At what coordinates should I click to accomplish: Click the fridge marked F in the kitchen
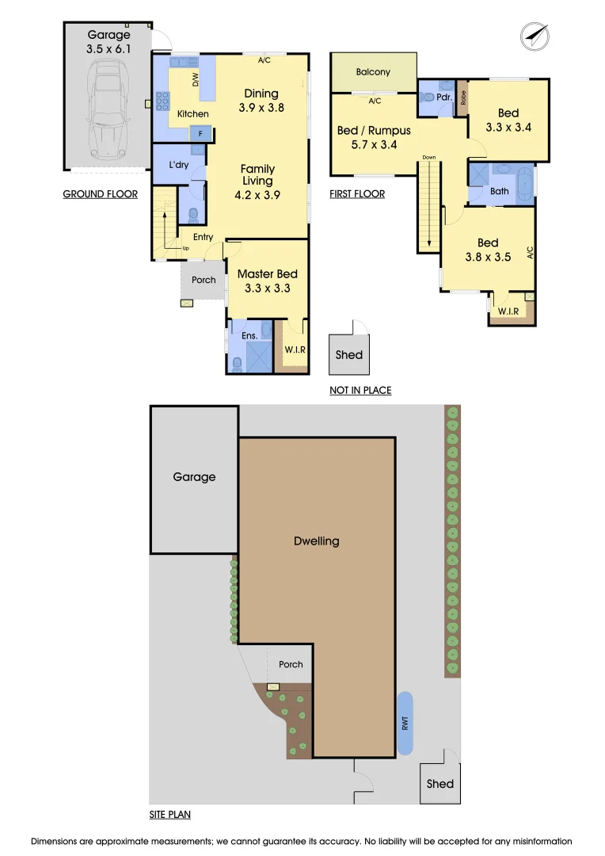(200, 134)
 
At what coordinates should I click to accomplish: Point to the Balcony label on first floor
(373, 72)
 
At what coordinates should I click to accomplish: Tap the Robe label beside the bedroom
(463, 99)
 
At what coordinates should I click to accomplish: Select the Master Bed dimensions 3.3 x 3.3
(267, 289)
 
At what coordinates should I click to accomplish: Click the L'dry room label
(179, 165)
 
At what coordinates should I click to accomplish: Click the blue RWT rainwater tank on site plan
(405, 723)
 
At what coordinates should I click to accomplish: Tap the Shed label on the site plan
(439, 783)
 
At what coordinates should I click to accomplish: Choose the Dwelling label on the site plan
(316, 541)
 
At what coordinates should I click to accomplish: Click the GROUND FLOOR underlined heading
(100, 194)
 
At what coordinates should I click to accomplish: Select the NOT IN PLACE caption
(360, 390)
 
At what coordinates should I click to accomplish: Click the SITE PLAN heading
(169, 814)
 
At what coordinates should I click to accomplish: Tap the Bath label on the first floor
(499, 191)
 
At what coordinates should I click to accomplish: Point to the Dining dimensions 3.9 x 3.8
(261, 108)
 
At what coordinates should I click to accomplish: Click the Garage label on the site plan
(194, 477)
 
